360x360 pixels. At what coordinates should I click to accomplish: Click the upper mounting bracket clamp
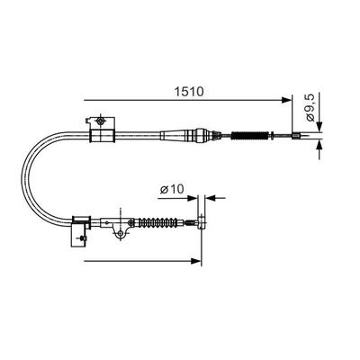[103, 133]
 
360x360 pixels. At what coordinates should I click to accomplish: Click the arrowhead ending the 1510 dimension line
[287, 97]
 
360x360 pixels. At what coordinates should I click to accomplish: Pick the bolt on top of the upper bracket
[103, 120]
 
